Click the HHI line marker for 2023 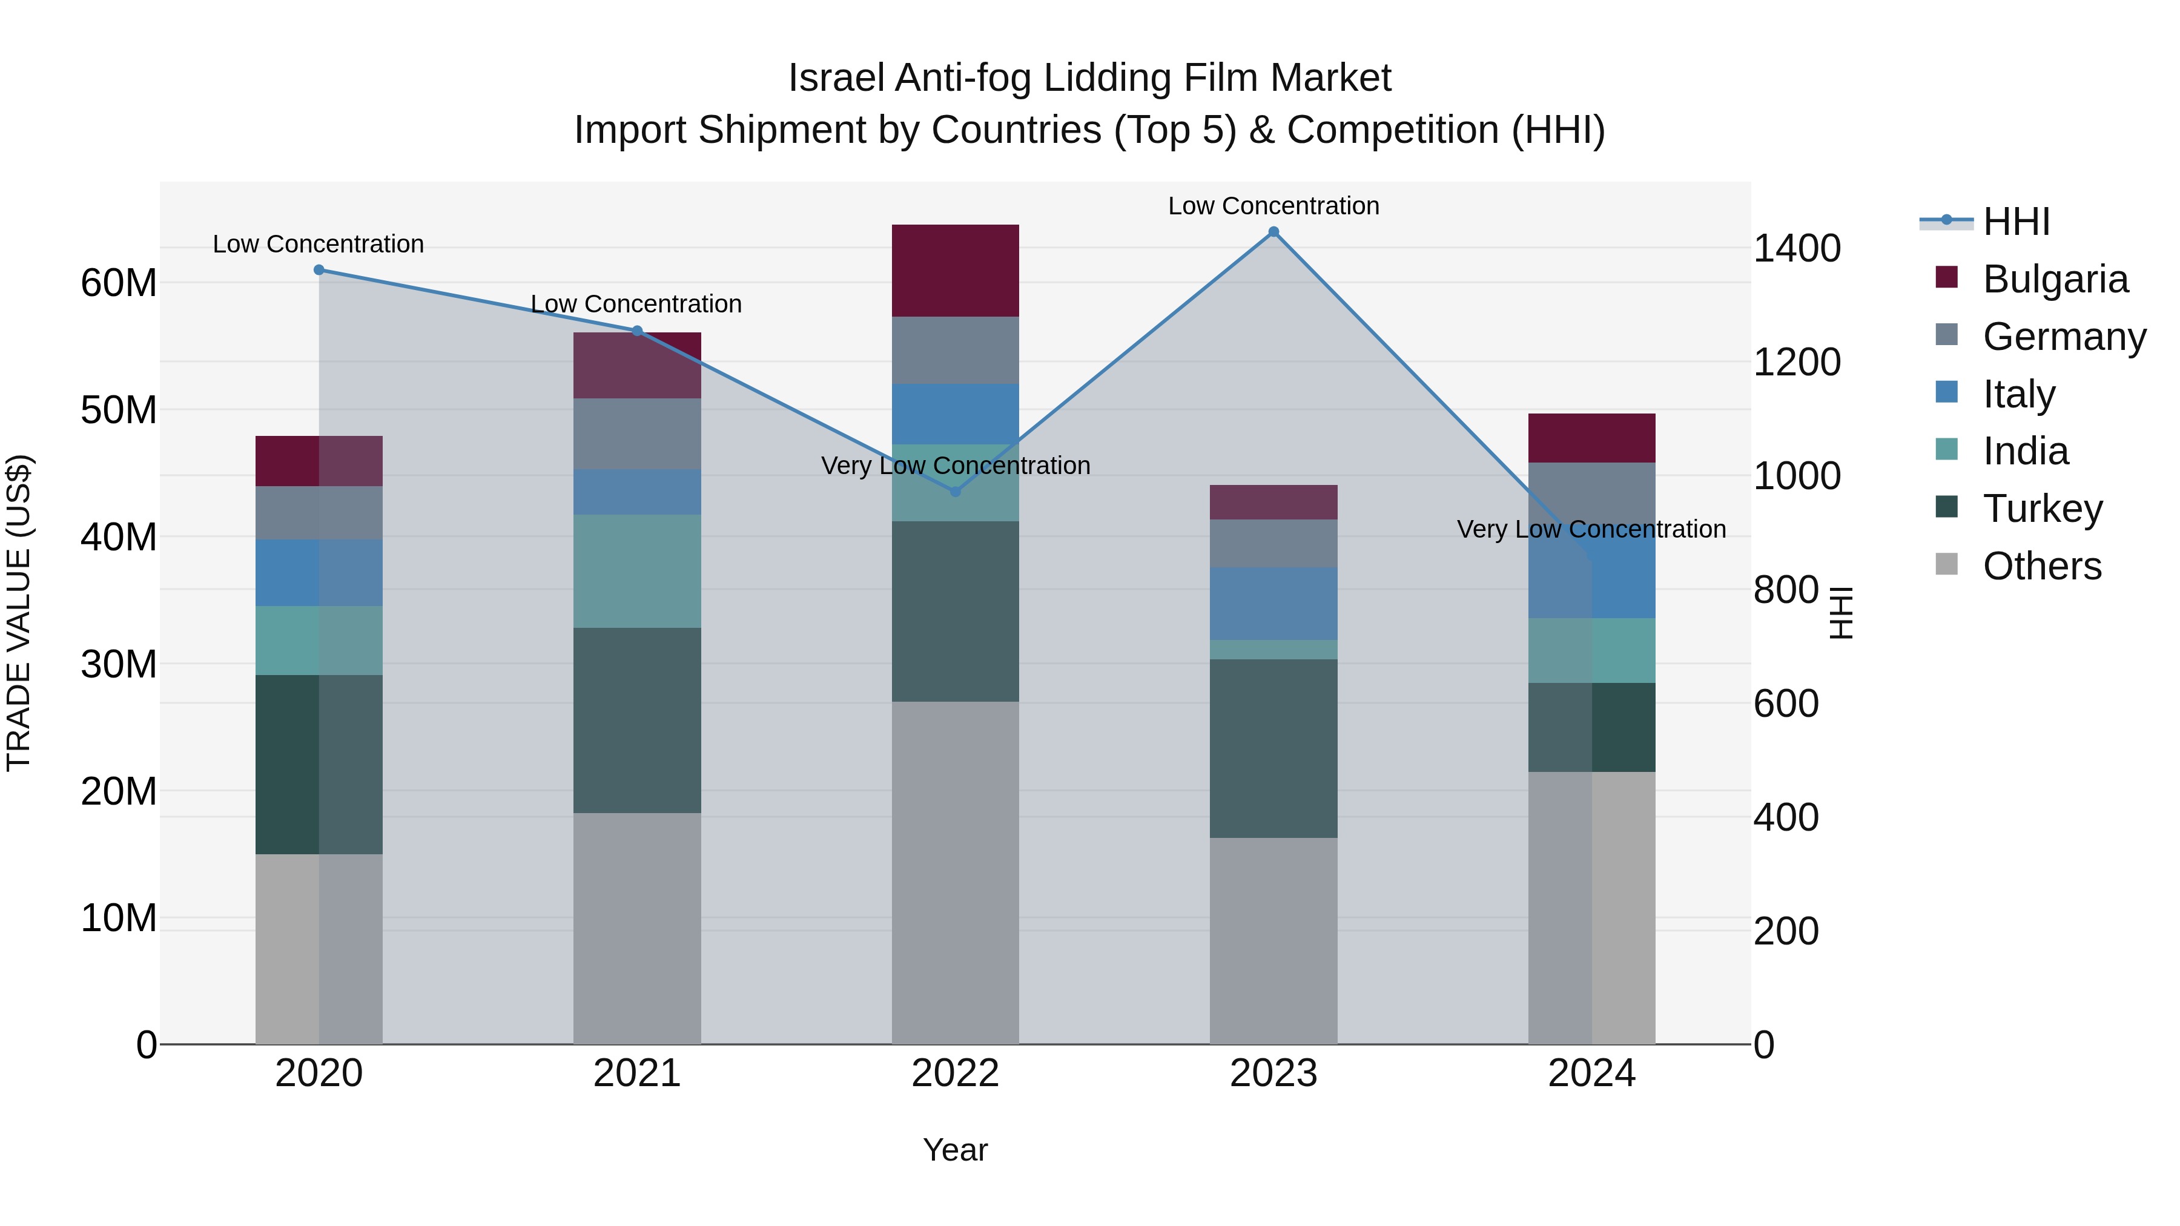click(x=1273, y=232)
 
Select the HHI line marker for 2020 click(x=319, y=270)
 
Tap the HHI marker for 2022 click(x=956, y=492)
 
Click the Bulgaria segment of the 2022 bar click(x=956, y=271)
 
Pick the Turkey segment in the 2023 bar click(x=1273, y=749)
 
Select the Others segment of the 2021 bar click(x=637, y=928)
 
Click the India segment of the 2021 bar click(x=637, y=571)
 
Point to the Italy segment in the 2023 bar click(x=1273, y=603)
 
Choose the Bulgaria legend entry click(x=2055, y=279)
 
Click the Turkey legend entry click(x=2042, y=509)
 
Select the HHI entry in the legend click(x=2016, y=222)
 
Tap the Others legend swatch click(x=1946, y=564)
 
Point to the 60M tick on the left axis click(x=119, y=283)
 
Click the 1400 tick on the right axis click(x=1796, y=249)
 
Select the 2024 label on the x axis click(x=1591, y=1073)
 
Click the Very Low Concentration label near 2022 click(x=956, y=466)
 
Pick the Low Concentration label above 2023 click(x=1273, y=206)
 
